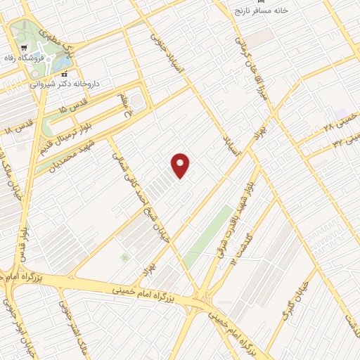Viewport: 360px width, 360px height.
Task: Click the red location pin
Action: tap(181, 165)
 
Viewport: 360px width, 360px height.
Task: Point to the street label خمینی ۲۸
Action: tap(338, 125)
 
